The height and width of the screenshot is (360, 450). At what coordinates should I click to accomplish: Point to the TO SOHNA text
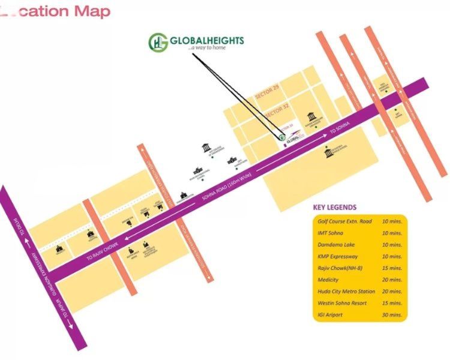point(340,128)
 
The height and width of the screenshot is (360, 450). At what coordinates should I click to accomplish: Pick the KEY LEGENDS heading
point(335,208)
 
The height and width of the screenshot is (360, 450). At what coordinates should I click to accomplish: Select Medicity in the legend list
point(328,280)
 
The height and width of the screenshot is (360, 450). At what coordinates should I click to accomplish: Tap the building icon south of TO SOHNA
point(328,153)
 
